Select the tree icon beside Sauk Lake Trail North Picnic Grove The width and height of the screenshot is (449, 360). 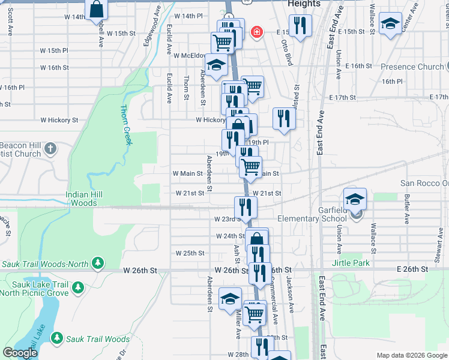tap(77, 289)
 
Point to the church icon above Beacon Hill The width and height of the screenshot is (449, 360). tap(50, 148)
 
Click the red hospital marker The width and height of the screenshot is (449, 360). tap(256, 31)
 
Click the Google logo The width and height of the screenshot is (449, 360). tap(20, 353)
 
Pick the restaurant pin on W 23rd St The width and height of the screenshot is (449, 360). tap(245, 207)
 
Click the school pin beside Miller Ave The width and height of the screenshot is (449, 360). tap(230, 299)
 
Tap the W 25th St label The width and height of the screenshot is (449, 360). tap(190, 253)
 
